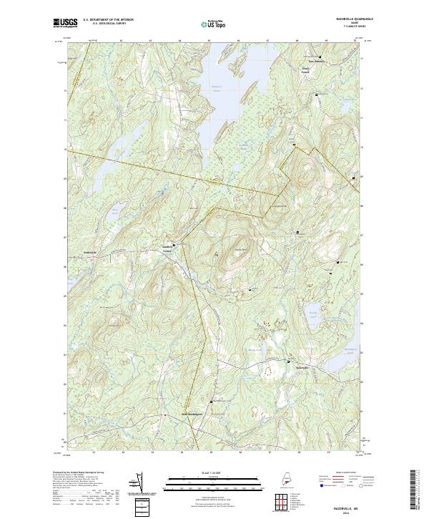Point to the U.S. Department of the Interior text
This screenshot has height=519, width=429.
109,20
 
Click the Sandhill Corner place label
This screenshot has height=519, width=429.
167,249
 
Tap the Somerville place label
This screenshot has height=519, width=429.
89,253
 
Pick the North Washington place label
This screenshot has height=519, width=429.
192,414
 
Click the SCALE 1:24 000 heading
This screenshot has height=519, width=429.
214,470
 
